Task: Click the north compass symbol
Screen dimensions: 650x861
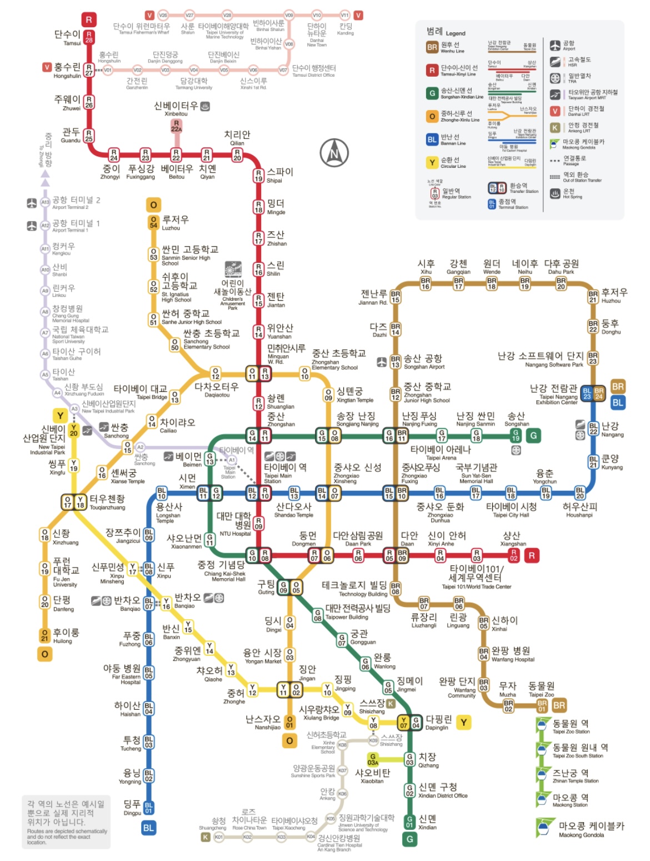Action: pyautogui.click(x=334, y=153)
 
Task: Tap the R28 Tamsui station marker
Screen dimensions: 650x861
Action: pyautogui.click(x=89, y=37)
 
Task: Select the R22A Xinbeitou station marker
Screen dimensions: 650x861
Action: pyautogui.click(x=176, y=126)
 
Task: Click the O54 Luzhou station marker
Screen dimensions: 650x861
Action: pyautogui.click(x=153, y=222)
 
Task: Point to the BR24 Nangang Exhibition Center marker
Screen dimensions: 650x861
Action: pyautogui.click(x=598, y=394)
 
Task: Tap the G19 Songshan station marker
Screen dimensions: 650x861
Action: pyautogui.click(x=516, y=435)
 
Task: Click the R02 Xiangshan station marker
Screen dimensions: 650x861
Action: pyautogui.click(x=513, y=555)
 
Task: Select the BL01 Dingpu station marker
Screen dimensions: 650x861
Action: pyautogui.click(x=148, y=808)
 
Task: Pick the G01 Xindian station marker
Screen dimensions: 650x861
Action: pyautogui.click(x=409, y=821)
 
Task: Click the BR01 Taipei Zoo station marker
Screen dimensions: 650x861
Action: pyautogui.click(x=542, y=705)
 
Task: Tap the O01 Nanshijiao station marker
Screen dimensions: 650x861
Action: pyautogui.click(x=289, y=722)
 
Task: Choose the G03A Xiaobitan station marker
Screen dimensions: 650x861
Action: pyautogui.click(x=373, y=759)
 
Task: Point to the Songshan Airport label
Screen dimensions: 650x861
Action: pyautogui.click(x=423, y=362)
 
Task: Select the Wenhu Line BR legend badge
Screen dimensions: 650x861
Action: pyautogui.click(x=432, y=48)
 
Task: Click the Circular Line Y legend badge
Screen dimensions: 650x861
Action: pyautogui.click(x=432, y=162)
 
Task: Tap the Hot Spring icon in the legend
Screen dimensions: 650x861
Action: pyautogui.click(x=554, y=193)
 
